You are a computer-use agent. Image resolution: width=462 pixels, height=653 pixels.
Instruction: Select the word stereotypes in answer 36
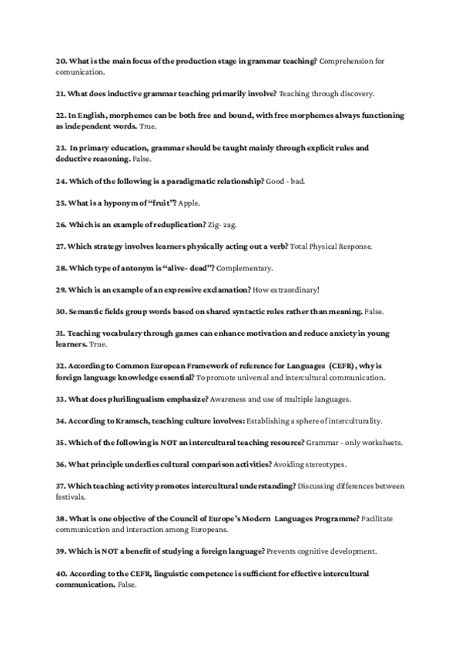coord(327,464)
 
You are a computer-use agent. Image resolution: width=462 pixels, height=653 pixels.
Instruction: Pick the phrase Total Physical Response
coord(331,246)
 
